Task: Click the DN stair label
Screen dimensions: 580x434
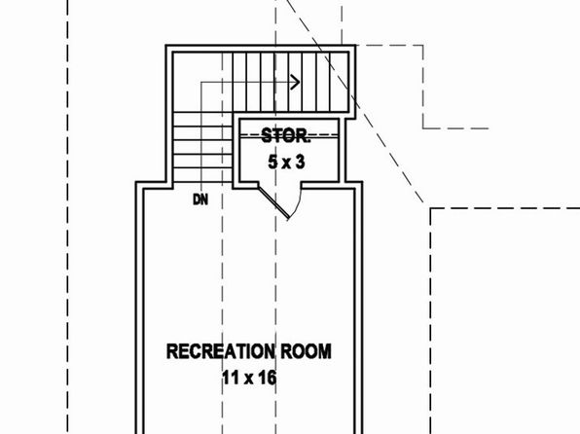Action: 200,200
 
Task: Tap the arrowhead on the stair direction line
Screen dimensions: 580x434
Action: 295,82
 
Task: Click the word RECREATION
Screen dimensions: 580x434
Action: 221,351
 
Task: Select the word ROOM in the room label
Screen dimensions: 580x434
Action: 306,351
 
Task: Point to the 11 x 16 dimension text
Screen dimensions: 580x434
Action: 249,379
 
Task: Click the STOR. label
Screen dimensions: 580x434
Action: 285,136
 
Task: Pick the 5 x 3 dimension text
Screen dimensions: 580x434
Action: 287,163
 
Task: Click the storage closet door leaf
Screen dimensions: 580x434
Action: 273,202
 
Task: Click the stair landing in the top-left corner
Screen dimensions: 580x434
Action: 202,82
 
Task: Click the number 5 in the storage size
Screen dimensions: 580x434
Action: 273,163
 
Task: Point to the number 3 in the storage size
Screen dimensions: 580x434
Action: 301,163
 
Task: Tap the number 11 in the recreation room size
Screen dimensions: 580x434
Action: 230,379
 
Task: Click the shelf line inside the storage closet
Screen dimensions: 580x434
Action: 289,136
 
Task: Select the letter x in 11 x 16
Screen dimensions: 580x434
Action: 247,380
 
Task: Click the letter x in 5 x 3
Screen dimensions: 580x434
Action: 286,163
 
